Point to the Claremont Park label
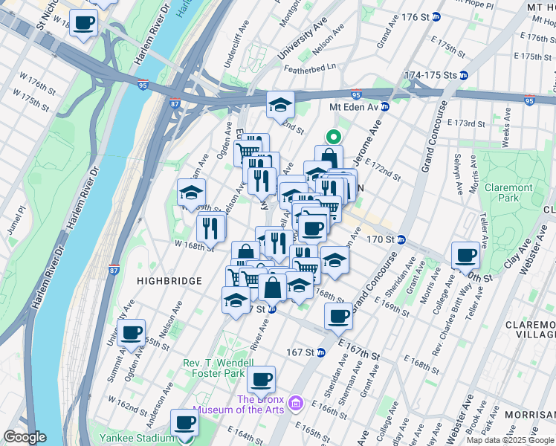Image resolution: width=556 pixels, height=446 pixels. pyautogui.click(x=508, y=193)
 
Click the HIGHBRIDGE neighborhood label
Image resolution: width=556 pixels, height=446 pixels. pyautogui.click(x=169, y=280)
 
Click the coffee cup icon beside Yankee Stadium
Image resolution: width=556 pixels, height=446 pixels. pyautogui.click(x=184, y=423)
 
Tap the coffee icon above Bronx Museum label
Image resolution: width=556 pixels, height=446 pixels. pyautogui.click(x=261, y=379)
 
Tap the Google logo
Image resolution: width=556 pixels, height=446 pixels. pyautogui.click(x=25, y=437)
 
